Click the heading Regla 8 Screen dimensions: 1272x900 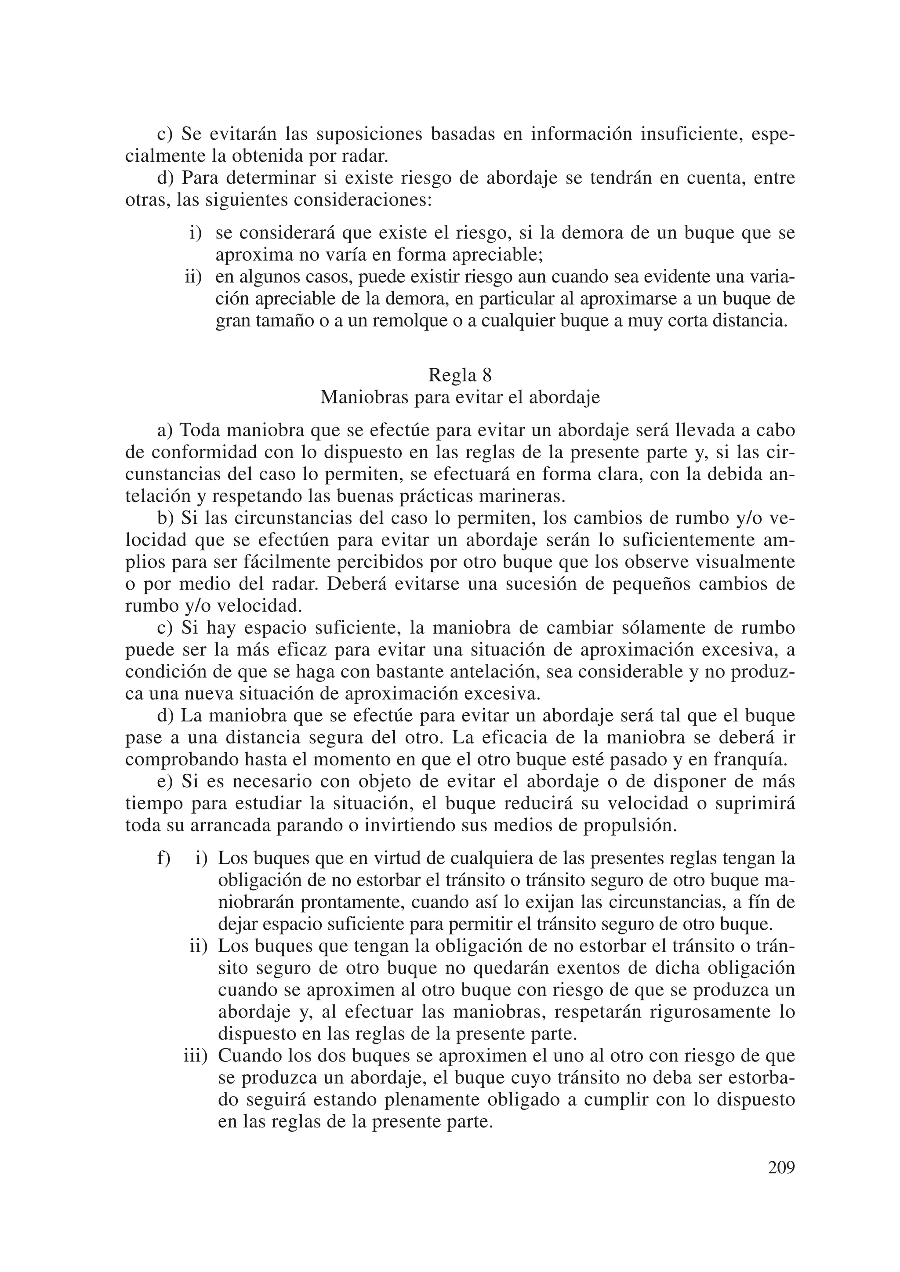pyautogui.click(x=460, y=376)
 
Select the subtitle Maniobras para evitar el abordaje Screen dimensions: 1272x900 pyautogui.click(x=460, y=398)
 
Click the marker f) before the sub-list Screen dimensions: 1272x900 pyautogui.click(x=163, y=858)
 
